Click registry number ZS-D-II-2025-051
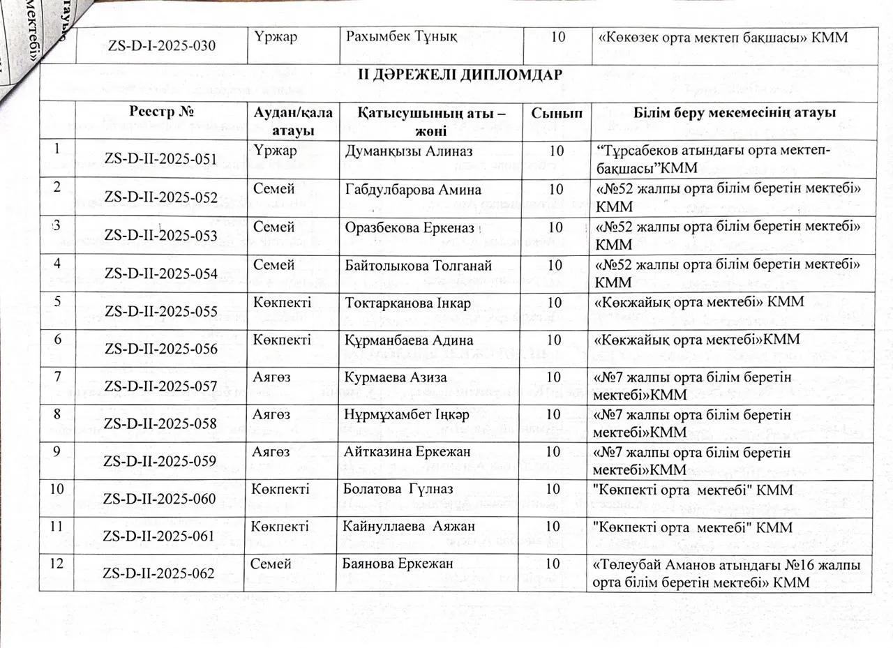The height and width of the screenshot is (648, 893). pos(160,159)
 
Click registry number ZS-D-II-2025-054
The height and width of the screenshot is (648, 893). pos(160,273)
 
